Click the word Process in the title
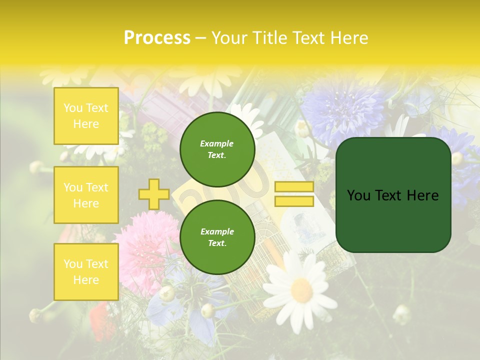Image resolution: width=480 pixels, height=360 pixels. [x=157, y=38]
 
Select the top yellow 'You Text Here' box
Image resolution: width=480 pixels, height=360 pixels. [x=86, y=116]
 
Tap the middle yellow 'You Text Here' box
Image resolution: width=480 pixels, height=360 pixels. [x=86, y=195]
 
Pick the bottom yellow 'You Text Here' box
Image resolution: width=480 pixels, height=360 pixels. [x=86, y=272]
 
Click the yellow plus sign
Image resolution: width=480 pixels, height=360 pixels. [x=153, y=194]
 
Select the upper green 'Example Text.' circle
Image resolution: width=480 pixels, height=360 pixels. [x=217, y=149]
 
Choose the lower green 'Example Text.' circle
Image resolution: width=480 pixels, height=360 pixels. [x=217, y=237]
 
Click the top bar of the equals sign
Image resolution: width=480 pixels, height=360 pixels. [x=294, y=187]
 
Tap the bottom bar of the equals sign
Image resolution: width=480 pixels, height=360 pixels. [x=294, y=201]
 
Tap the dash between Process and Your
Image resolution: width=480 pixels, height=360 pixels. [x=200, y=38]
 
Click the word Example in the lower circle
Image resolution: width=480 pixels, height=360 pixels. [x=217, y=231]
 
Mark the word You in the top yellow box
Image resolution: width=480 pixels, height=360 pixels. [x=73, y=108]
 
